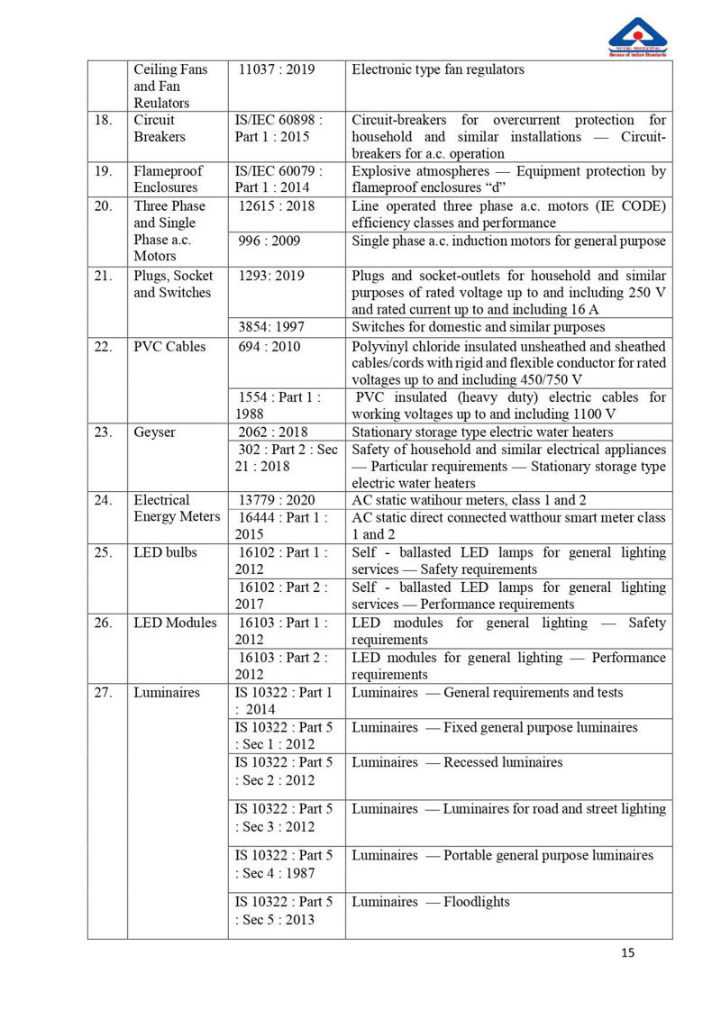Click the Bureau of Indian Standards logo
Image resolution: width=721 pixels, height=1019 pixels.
pos(638,37)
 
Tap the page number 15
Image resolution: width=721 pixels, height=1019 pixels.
pos(628,952)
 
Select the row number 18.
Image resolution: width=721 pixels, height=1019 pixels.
pos(104,120)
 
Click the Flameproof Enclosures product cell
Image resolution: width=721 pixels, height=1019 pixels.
pos(169,179)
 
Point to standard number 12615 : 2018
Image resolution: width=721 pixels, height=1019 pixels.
pos(277,206)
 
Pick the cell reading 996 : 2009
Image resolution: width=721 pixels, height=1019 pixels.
pos(269,241)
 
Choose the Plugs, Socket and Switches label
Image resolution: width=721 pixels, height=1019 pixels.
pos(173,284)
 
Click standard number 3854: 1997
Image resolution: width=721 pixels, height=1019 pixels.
pos(271,327)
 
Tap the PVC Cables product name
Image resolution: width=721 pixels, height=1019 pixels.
pos(169,347)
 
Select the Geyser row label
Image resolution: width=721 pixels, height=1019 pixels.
pos(155,432)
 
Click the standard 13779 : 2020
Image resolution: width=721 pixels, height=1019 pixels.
pos(277,500)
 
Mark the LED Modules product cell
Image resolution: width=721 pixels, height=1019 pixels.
pos(175,623)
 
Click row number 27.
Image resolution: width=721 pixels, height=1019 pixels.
pos(104,693)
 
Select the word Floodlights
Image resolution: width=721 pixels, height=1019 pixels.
pos(477,902)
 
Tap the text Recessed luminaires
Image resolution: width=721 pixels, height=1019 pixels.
pos(503,762)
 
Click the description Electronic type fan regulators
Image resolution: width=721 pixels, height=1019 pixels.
pos(438,69)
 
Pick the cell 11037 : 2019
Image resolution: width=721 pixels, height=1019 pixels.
pos(277,69)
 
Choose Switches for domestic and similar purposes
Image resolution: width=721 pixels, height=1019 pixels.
pos(478,327)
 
